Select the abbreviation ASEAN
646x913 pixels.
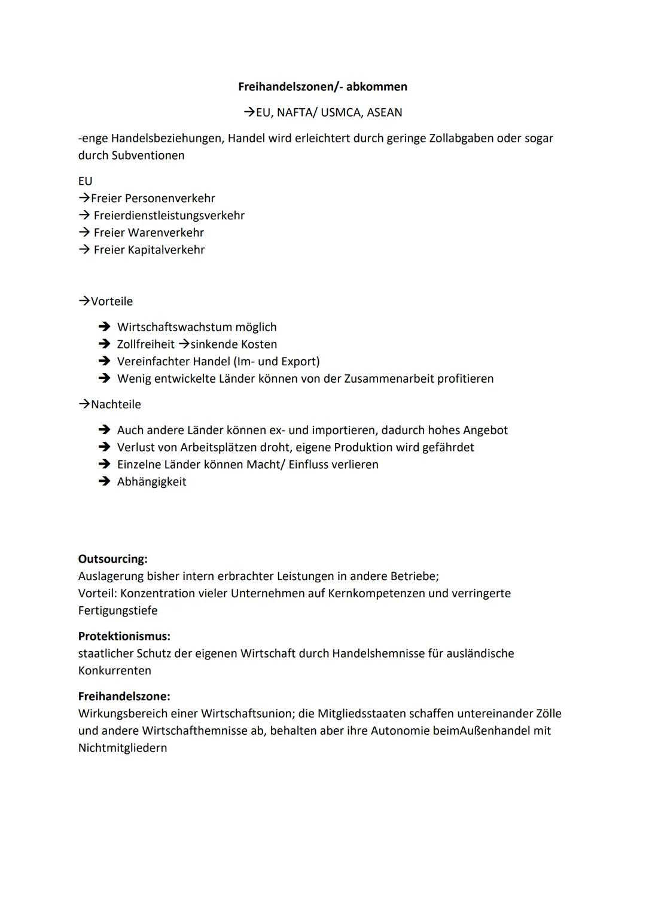pos(384,112)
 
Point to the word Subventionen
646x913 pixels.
pos(148,155)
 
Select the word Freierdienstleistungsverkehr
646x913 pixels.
pos(169,215)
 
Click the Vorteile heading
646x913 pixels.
pos(111,301)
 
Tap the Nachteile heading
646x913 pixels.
pos(115,404)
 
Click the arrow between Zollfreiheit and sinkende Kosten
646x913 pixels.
pos(184,344)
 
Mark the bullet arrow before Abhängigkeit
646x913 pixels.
pos(105,482)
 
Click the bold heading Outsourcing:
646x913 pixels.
pos(112,559)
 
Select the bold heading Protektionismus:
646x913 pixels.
pos(124,636)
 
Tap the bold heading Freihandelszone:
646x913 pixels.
pos(124,697)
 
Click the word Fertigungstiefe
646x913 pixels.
pos(118,610)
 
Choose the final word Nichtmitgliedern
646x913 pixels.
pos(123,748)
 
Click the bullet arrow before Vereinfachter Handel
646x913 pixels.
pos(105,362)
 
